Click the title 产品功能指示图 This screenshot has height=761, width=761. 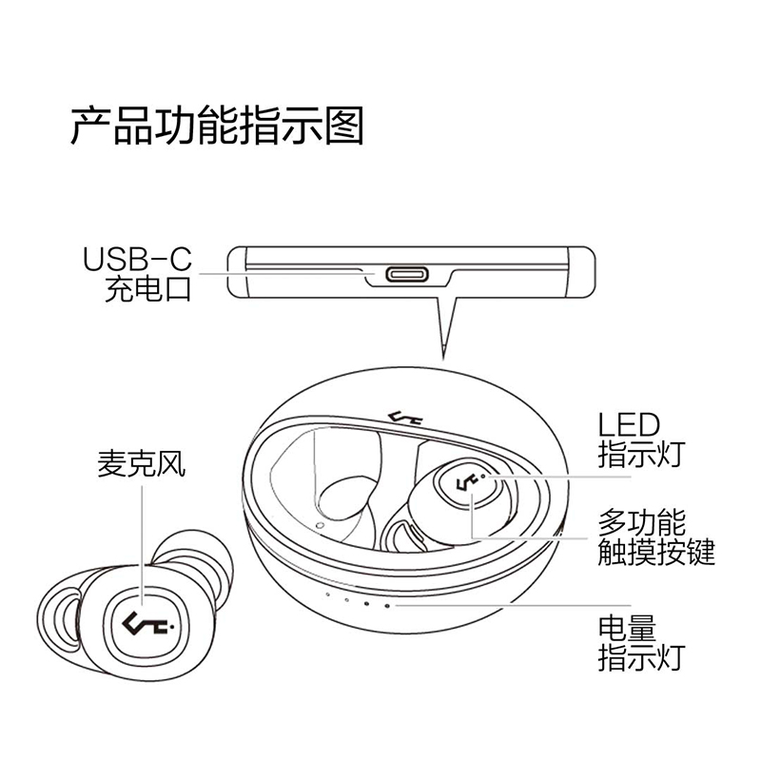point(217,127)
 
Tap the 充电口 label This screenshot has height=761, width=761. point(148,287)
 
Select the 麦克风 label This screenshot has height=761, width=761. point(141,464)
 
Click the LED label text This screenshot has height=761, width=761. point(628,423)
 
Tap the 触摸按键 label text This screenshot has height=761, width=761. point(655,551)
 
